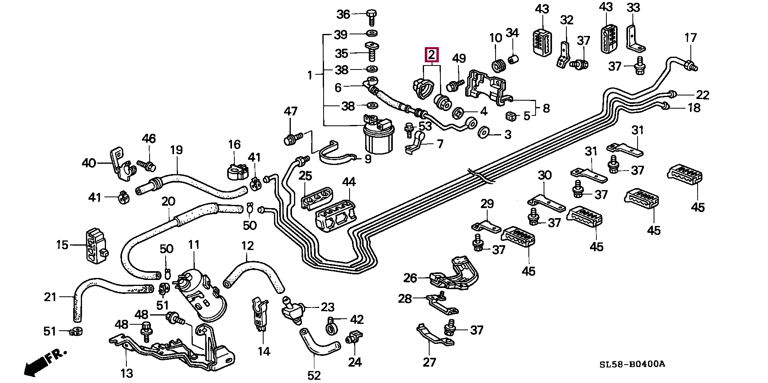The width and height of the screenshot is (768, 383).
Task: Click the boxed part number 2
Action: point(431,55)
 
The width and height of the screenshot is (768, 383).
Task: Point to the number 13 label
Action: point(126,373)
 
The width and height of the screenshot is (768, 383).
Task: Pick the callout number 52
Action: point(314,375)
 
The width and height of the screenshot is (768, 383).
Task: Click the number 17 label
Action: point(691,38)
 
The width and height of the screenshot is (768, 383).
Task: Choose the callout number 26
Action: point(410,278)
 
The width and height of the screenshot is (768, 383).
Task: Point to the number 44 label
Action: point(348,183)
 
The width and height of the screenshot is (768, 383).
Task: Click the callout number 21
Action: point(50,297)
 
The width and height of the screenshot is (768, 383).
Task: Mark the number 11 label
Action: point(194,244)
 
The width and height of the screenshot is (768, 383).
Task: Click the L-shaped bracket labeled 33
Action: point(635,39)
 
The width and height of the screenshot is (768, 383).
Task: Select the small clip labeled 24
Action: point(354,337)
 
